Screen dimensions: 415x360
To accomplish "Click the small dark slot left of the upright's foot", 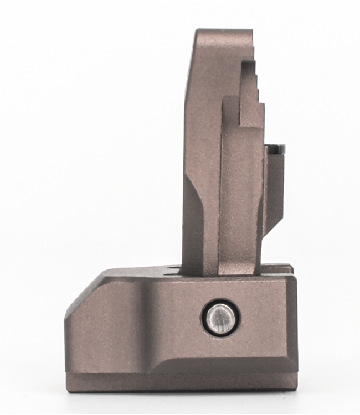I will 173,271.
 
